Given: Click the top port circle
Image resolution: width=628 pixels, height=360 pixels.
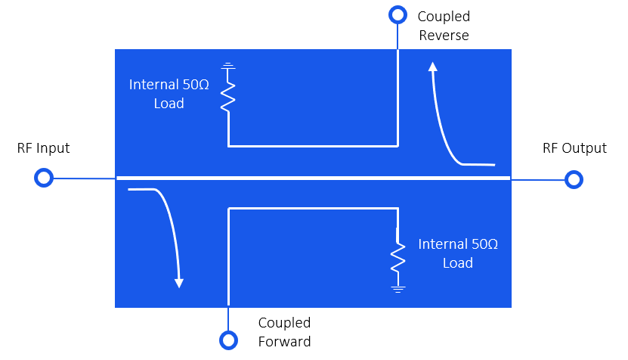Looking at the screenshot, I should [x=398, y=14].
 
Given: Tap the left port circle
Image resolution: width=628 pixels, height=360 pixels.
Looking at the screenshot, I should [x=44, y=178].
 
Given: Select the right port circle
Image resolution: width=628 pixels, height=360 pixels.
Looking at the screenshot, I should [x=574, y=179].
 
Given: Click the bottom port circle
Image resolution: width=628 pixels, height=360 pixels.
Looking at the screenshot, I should [x=228, y=340].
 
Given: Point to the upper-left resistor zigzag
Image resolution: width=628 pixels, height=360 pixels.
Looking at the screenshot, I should [x=228, y=96].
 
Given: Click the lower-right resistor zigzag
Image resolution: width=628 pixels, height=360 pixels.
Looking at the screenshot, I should [x=398, y=256].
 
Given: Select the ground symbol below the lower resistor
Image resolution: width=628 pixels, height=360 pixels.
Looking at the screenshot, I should [x=398, y=288].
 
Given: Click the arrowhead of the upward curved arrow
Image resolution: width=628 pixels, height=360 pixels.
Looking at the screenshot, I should [x=433, y=67].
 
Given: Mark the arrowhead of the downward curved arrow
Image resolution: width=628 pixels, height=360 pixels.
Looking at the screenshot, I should [x=179, y=283].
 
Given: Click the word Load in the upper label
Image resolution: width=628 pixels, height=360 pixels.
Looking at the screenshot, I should [x=169, y=104].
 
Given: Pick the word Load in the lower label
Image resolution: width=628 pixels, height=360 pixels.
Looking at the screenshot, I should [x=458, y=263].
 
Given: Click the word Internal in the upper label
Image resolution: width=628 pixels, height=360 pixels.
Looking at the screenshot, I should [x=154, y=85].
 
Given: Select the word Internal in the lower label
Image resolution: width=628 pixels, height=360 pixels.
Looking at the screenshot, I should [x=443, y=244].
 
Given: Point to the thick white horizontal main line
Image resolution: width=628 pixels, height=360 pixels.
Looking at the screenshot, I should [x=314, y=178].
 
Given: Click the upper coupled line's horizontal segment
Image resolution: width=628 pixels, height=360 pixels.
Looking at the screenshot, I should [x=313, y=145].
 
